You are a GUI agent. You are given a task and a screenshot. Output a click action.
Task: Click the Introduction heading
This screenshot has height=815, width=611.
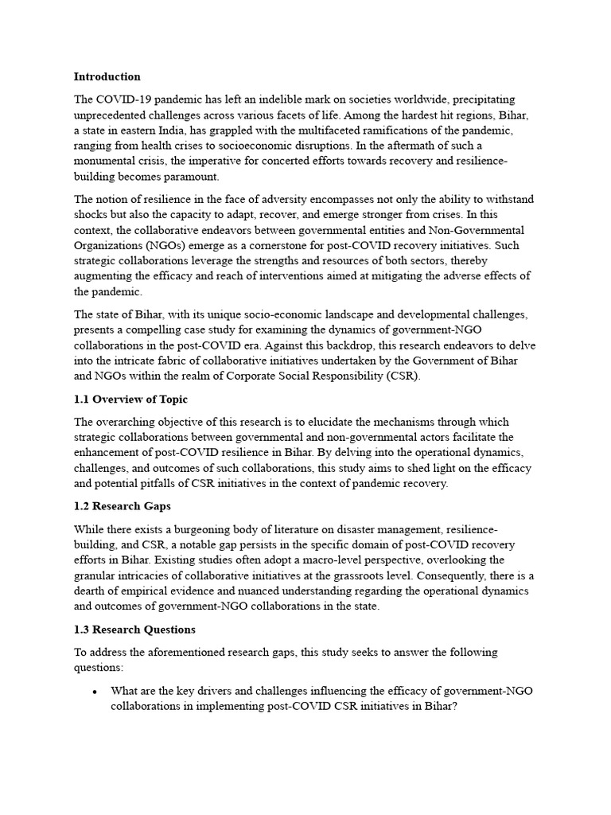click(x=107, y=77)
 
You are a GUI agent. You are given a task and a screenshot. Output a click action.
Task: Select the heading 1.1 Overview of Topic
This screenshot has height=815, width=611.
click(x=130, y=400)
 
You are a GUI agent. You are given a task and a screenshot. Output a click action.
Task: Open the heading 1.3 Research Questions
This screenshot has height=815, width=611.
click(x=134, y=629)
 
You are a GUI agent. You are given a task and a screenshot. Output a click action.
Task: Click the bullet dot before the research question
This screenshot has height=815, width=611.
click(x=95, y=692)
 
